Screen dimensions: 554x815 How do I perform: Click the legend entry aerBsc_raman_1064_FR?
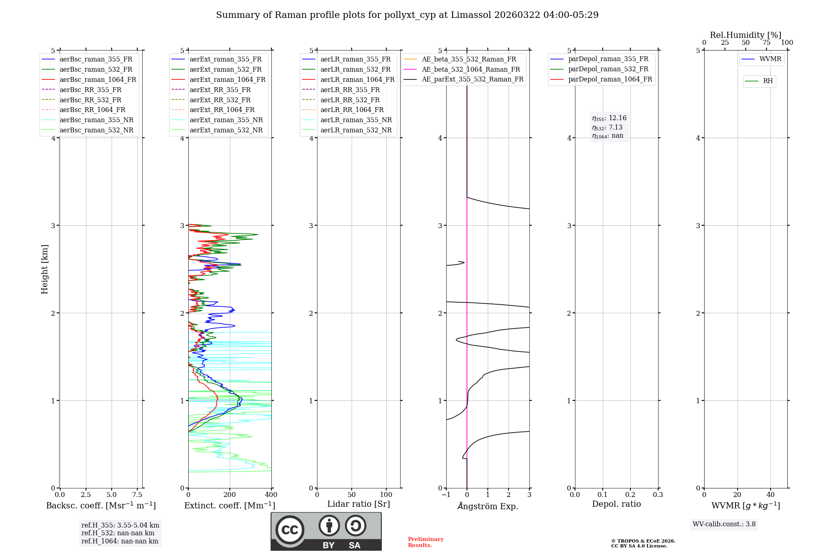coord(98,80)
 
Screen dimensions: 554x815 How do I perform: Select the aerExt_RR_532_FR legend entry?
coord(220,100)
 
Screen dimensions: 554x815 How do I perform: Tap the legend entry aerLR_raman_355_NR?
coord(356,120)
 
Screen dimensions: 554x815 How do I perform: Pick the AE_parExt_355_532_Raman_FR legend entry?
coord(472,79)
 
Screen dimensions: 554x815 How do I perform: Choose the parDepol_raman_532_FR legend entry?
coord(608,69)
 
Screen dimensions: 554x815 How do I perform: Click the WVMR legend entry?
coord(770,59)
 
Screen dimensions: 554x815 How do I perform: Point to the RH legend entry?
coord(768,81)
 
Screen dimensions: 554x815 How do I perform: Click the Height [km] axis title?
coord(45,269)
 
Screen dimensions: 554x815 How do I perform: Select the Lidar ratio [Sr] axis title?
coord(359,504)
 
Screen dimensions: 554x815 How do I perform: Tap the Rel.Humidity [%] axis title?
coord(745,35)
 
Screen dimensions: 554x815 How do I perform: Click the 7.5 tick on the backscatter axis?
coord(137,495)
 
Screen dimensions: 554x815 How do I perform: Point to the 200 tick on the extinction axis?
coord(230,495)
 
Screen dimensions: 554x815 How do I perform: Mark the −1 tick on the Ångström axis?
coord(446,495)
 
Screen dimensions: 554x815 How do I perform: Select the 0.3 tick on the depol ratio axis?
coord(658,495)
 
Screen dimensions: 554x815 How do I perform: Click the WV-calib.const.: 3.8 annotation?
coord(724,524)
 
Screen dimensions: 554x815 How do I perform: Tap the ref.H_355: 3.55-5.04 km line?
coord(120,525)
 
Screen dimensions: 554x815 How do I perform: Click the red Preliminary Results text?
coord(425,542)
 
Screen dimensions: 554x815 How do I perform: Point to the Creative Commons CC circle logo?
coord(290,530)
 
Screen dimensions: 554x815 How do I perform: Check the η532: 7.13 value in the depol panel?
coord(607,128)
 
